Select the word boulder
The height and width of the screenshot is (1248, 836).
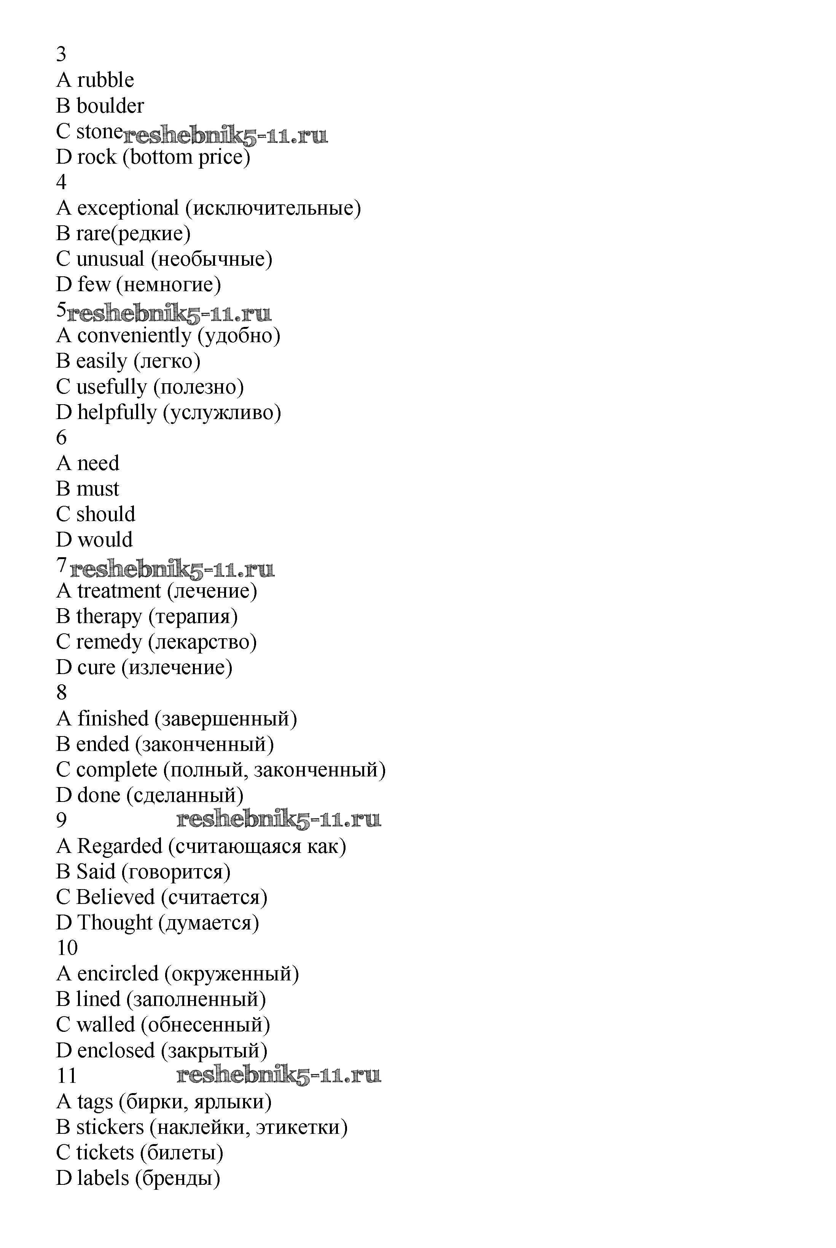(x=110, y=106)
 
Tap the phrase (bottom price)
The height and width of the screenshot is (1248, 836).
(x=186, y=157)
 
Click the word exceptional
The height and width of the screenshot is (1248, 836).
(x=127, y=208)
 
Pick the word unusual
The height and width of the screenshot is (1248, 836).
(x=110, y=259)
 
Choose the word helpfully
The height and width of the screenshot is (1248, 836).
(x=117, y=412)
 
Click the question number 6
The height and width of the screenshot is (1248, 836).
(x=61, y=438)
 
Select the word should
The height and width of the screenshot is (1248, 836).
(x=105, y=515)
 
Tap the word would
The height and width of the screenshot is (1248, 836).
(x=105, y=540)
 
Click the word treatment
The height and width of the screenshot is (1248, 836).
(x=119, y=591)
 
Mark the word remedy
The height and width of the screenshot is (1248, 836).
(x=109, y=642)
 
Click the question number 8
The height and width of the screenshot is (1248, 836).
(x=61, y=693)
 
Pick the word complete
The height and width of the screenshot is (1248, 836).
(x=117, y=770)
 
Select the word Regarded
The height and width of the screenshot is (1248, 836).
(x=119, y=846)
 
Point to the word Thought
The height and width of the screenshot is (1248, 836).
(x=115, y=923)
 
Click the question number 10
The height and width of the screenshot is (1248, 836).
(x=67, y=948)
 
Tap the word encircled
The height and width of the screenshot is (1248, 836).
(x=118, y=974)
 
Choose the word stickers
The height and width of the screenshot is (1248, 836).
(x=110, y=1127)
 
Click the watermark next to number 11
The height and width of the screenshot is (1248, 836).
(x=278, y=1076)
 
